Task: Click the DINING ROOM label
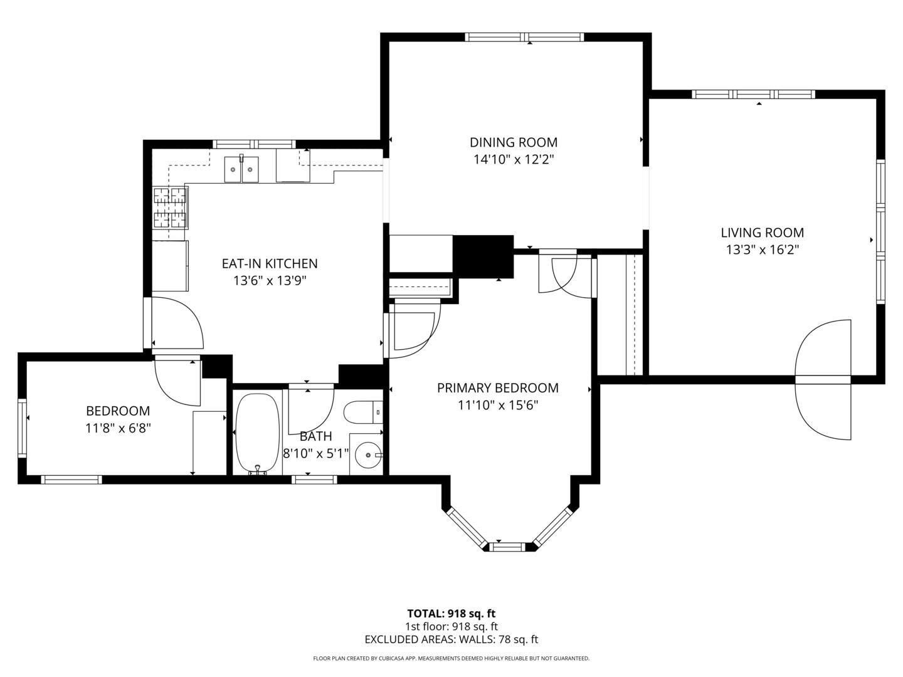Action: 514,142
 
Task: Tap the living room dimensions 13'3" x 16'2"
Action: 763,249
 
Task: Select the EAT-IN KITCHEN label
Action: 270,263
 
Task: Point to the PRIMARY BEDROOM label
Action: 498,387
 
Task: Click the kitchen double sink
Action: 241,169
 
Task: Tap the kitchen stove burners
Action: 171,207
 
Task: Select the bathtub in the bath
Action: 258,433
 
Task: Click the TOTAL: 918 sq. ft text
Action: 451,614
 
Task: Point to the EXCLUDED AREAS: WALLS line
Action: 451,639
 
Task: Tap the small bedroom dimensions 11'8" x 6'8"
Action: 118,429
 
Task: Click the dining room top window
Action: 524,37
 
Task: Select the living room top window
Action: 753,94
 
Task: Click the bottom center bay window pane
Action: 509,547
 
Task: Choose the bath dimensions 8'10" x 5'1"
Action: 316,454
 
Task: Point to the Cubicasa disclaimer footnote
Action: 451,658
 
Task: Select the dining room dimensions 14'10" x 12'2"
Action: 514,159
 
